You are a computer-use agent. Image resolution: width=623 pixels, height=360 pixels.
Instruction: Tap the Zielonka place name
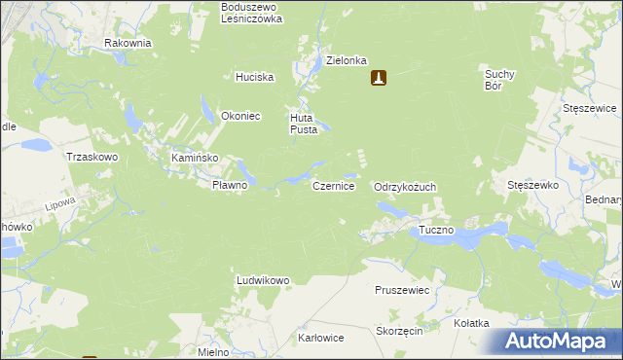point(346,59)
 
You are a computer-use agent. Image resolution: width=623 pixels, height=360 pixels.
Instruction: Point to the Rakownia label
point(128,43)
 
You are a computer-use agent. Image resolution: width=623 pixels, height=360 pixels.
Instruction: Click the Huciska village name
point(255,77)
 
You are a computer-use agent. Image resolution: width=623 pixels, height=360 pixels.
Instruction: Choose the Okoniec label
point(240,115)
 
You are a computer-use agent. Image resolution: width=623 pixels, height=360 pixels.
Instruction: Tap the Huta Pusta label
point(302,124)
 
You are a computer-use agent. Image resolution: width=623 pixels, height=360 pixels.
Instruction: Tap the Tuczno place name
point(437,231)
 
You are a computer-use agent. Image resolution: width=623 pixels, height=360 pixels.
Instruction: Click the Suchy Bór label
point(498,79)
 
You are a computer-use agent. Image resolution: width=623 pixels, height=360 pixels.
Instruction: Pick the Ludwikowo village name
point(263,280)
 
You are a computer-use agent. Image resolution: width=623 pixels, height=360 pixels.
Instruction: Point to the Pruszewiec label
point(402,290)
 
